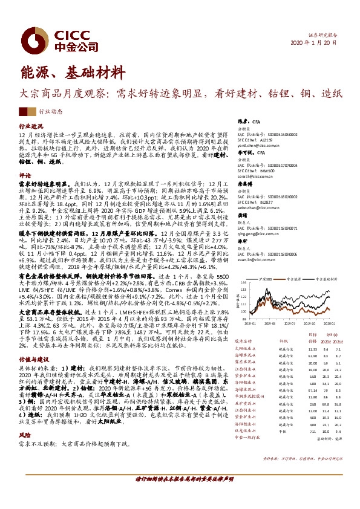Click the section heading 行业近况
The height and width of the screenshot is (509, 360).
click(28, 126)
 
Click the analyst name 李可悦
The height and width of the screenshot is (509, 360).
click(244, 153)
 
